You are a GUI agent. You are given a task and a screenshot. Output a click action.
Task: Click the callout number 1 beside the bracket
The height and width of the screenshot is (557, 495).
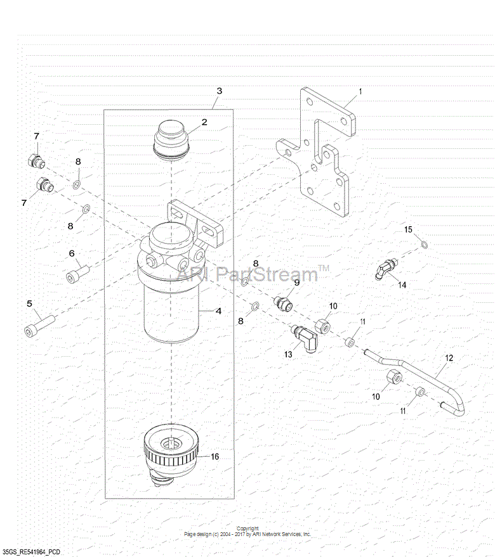[360, 91]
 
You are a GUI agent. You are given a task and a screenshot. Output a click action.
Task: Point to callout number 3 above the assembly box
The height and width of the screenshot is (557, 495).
[219, 91]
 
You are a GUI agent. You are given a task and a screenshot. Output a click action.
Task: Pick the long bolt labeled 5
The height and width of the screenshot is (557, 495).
[39, 324]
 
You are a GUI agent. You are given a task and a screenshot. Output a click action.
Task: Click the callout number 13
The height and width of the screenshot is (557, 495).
[288, 355]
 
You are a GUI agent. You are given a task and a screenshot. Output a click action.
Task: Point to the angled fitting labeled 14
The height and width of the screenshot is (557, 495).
[384, 269]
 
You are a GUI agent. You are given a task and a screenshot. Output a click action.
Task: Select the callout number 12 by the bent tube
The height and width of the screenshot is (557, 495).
[449, 358]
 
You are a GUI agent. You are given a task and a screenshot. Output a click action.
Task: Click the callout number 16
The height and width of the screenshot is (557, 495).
[214, 456]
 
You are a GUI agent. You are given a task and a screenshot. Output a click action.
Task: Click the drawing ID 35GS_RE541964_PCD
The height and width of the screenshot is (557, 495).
[36, 552]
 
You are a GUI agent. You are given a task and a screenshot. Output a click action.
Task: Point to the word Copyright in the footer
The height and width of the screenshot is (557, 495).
[247, 528]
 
